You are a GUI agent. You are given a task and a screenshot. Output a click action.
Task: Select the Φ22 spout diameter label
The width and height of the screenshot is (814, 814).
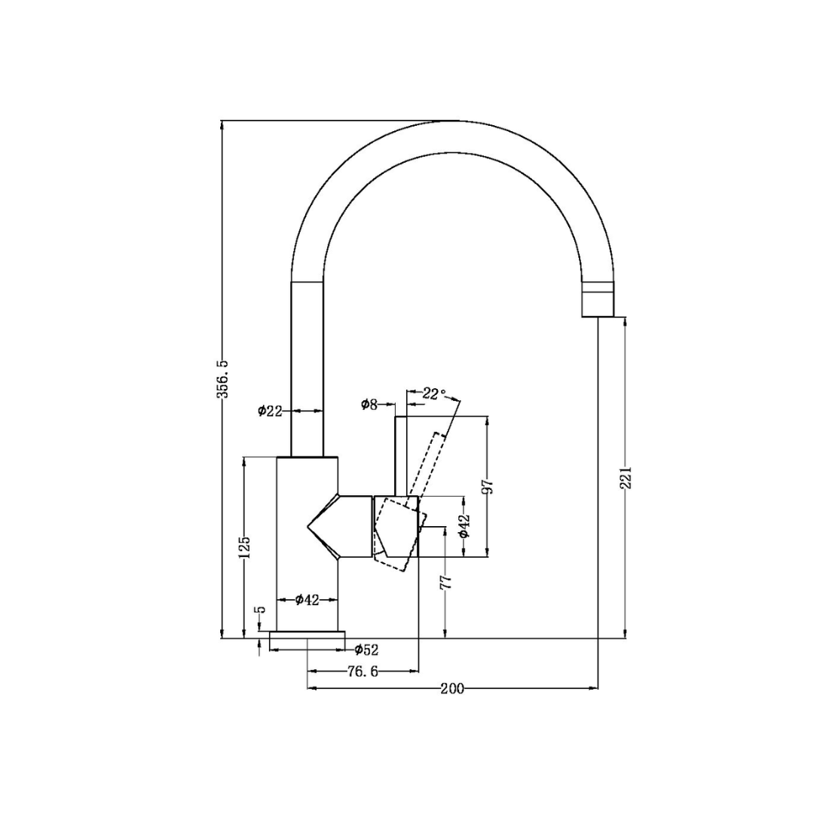[269, 411]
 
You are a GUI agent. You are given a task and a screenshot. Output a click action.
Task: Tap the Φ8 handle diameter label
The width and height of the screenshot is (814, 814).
[369, 405]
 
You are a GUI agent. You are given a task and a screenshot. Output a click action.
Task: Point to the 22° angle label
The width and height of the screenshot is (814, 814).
[433, 393]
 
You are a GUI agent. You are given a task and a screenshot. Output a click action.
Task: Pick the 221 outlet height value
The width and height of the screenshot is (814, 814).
[626, 478]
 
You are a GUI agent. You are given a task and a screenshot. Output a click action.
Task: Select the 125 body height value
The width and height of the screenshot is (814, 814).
[244, 546]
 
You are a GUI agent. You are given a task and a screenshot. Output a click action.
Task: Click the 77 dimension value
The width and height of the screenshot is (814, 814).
[445, 581]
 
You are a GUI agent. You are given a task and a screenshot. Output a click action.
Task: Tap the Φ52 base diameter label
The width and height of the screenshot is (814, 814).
[366, 650]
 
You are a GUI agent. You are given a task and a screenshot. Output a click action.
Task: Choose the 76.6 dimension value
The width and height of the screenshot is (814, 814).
[363, 671]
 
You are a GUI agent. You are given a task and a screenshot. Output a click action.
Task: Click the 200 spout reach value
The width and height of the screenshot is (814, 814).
[452, 688]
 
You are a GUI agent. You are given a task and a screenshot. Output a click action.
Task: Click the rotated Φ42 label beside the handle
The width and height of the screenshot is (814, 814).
[464, 526]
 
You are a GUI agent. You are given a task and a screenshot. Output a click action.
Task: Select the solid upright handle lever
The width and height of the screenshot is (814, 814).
[400, 456]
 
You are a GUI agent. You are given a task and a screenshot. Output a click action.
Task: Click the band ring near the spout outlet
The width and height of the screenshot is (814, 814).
[598, 284]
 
